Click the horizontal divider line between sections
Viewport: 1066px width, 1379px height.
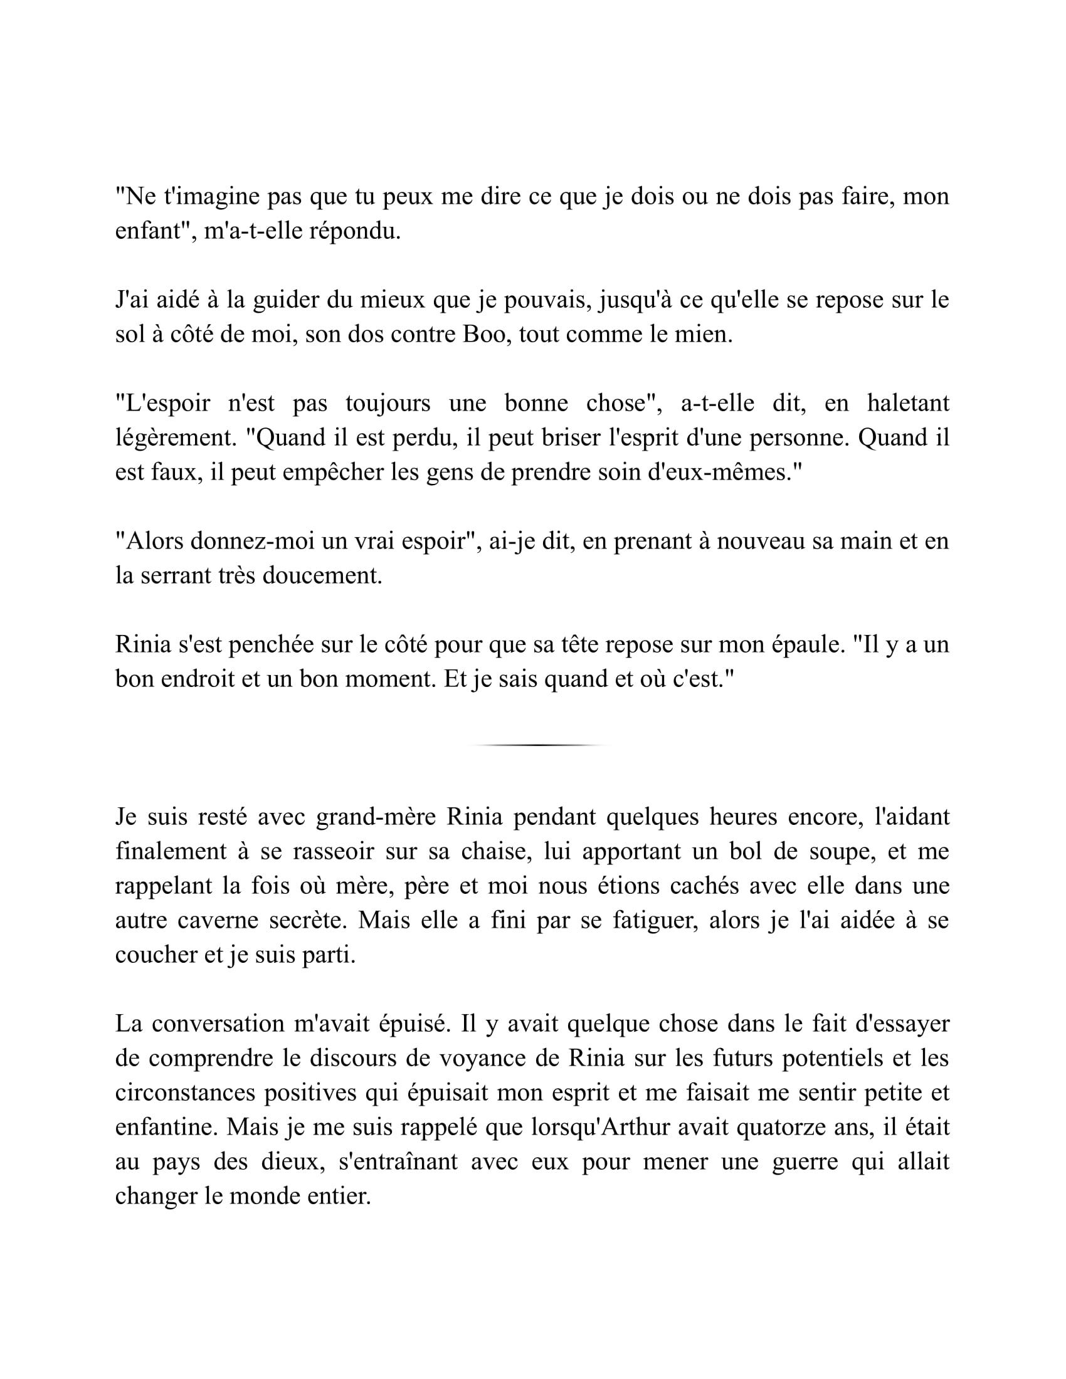coord(538,745)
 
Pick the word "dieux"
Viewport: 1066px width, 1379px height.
coord(291,1161)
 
